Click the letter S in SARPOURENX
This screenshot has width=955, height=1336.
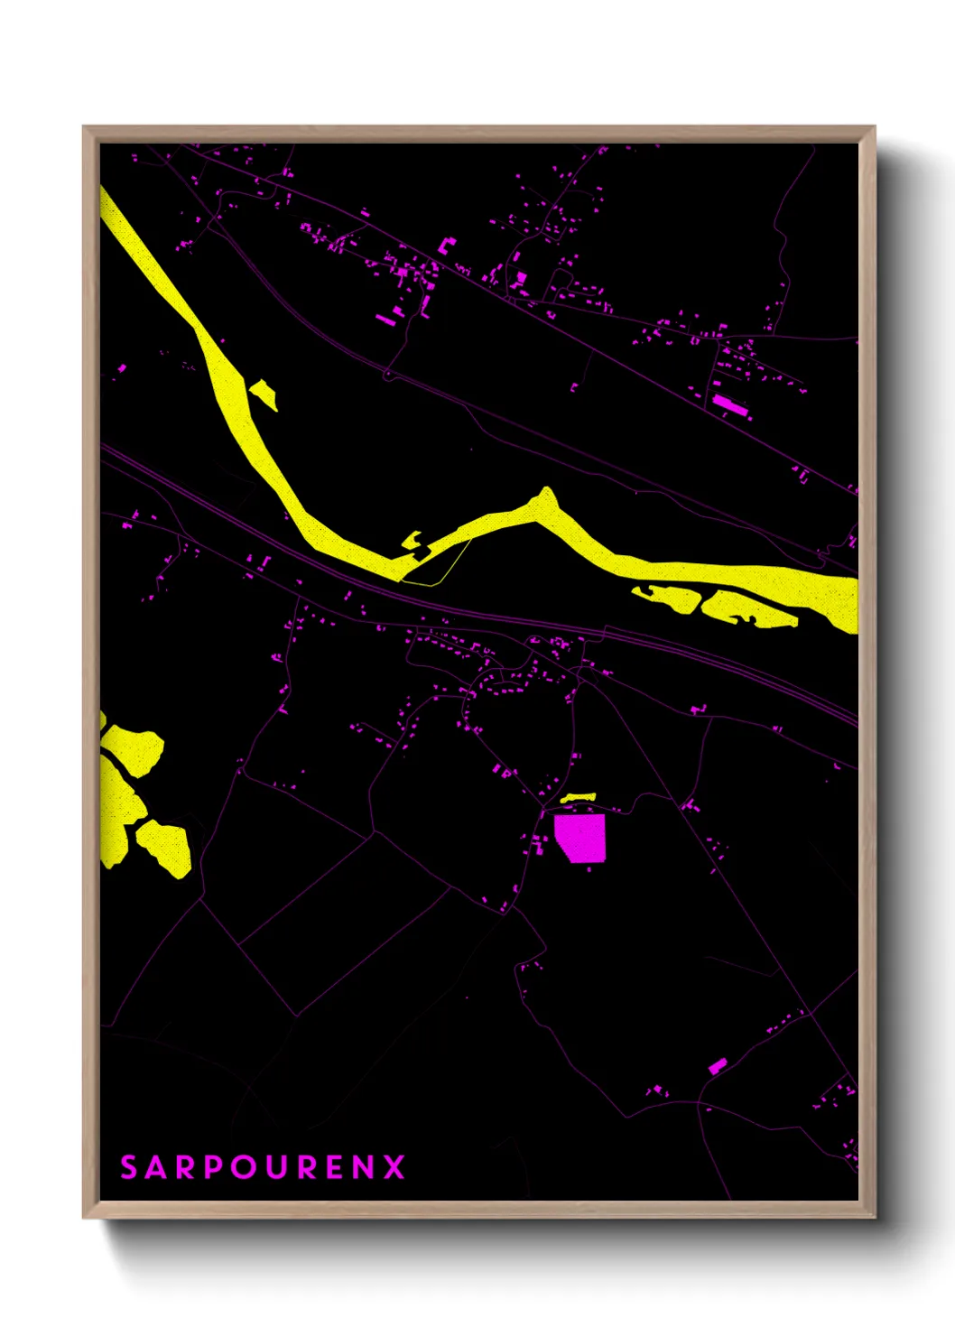point(129,1167)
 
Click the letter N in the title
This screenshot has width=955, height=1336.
point(363,1167)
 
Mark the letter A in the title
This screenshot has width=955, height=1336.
point(156,1167)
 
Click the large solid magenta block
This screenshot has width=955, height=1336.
point(580,838)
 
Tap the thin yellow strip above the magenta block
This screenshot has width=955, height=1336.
point(578,798)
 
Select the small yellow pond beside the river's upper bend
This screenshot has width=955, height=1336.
point(264,394)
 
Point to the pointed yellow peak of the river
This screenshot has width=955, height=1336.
point(545,497)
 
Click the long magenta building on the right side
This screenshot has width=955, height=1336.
point(730,405)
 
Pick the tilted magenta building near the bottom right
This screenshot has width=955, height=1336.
point(718,1066)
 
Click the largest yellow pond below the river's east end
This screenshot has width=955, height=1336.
point(745,608)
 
